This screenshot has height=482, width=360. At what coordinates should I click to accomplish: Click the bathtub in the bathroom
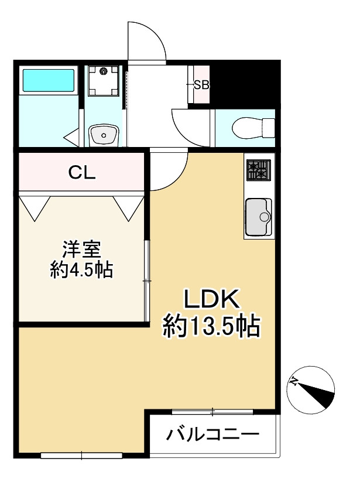click(x=48, y=81)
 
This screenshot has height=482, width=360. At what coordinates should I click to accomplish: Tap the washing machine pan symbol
click(x=104, y=81)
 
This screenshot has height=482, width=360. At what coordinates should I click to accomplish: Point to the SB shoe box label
click(x=201, y=84)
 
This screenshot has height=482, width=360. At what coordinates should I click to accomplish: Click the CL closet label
click(x=83, y=172)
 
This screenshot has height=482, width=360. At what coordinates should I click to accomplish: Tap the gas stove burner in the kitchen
click(x=258, y=170)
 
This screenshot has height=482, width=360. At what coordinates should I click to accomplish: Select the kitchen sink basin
click(x=258, y=216)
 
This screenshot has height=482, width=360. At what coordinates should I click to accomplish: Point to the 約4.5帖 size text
click(x=81, y=270)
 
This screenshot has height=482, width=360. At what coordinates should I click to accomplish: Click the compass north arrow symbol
click(x=311, y=389)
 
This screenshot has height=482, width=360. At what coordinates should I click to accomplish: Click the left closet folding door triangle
click(x=35, y=206)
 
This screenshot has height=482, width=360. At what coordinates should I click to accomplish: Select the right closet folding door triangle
click(x=129, y=207)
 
